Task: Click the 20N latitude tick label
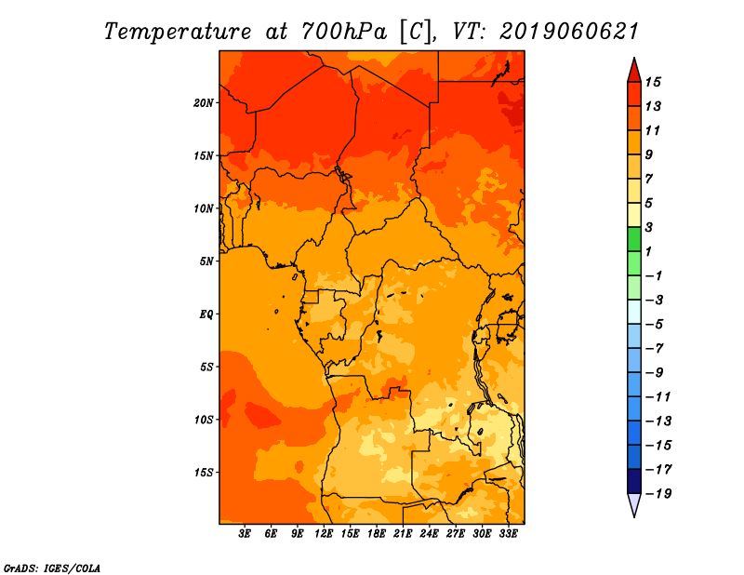point(204,103)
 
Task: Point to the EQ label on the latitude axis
point(206,314)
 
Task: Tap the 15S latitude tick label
point(204,473)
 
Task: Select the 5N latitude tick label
point(206,261)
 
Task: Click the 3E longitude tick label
point(245,534)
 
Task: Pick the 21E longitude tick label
point(403,534)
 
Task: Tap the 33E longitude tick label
point(508,534)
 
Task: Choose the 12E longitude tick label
point(324,534)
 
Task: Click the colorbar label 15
point(653,82)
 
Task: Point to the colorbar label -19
point(658,494)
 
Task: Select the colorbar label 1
point(648,251)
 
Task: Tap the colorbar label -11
point(658,397)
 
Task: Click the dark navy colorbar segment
point(634,481)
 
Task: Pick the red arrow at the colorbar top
point(634,70)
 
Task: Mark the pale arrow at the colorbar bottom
point(634,505)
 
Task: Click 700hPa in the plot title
point(343,32)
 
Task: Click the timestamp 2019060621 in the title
point(568,32)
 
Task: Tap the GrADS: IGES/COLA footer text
point(52,568)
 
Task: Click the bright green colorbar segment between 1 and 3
point(634,239)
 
